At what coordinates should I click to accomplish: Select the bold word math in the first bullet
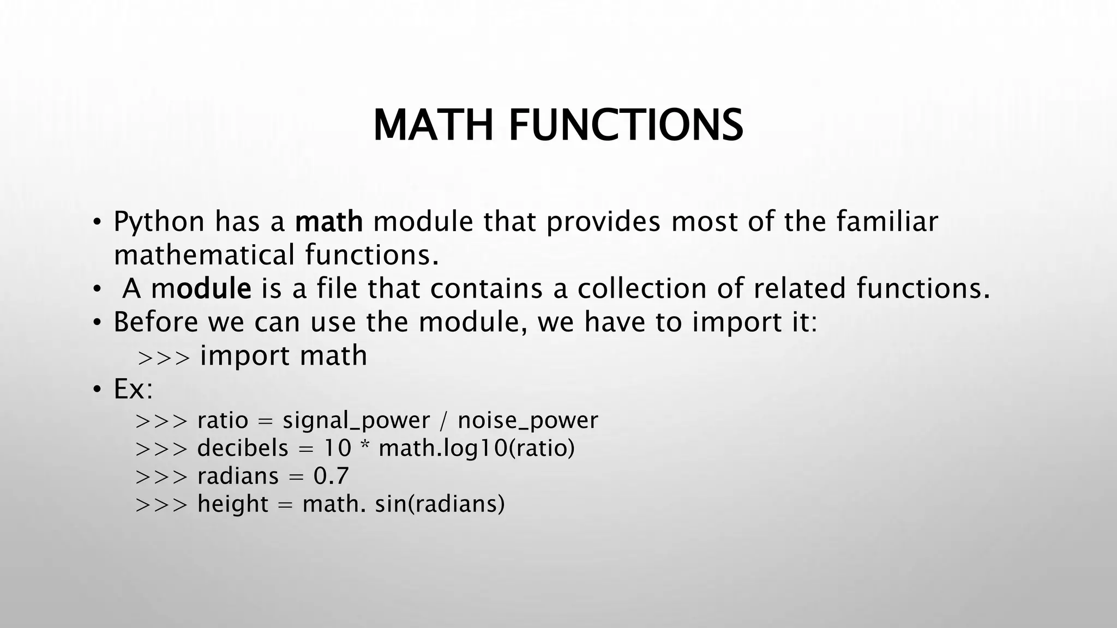click(329, 221)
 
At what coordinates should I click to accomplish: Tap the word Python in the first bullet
click(159, 222)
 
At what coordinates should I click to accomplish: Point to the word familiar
click(887, 221)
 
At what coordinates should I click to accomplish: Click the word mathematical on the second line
click(204, 255)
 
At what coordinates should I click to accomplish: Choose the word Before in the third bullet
click(155, 322)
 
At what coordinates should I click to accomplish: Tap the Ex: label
click(133, 389)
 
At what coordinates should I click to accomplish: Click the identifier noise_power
click(527, 421)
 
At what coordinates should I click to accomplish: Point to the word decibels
click(242, 448)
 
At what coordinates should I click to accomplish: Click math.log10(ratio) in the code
click(477, 449)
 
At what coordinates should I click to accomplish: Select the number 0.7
click(331, 476)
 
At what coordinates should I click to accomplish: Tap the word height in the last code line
click(233, 504)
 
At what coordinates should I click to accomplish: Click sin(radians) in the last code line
click(440, 504)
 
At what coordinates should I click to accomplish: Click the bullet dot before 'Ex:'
click(97, 390)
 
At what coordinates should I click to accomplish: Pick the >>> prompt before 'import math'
click(164, 358)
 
